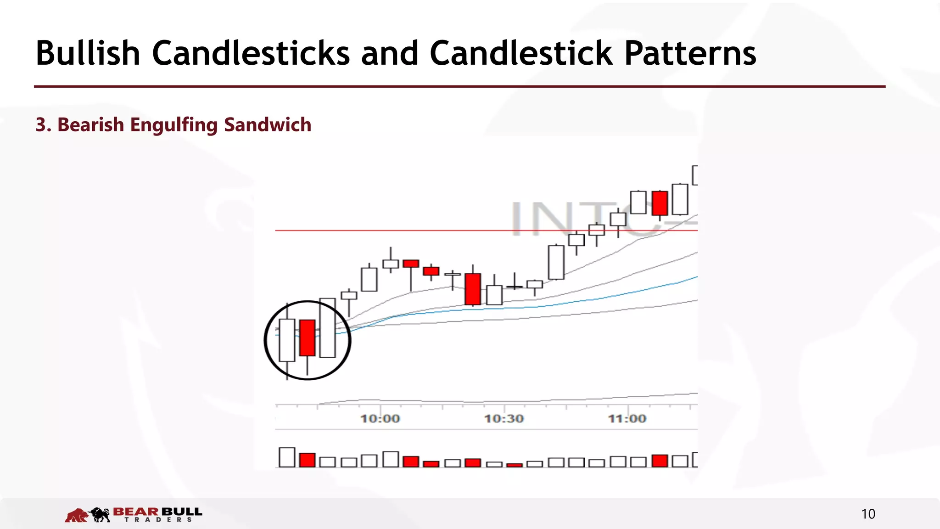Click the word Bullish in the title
pos(88,53)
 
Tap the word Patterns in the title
pos(690,53)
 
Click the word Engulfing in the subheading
pos(174,125)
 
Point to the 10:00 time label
pos(380,419)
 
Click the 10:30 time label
pos(504,419)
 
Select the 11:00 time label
pos(627,419)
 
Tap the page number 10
pos(868,514)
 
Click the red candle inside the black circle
pos(307,338)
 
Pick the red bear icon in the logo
pos(77,515)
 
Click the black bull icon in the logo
pos(101,515)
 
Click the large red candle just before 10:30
pos(473,289)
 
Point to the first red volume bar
pos(307,460)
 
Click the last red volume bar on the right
pos(660,461)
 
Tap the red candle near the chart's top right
pos(660,203)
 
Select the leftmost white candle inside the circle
pos(287,340)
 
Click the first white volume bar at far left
pos(287,457)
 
